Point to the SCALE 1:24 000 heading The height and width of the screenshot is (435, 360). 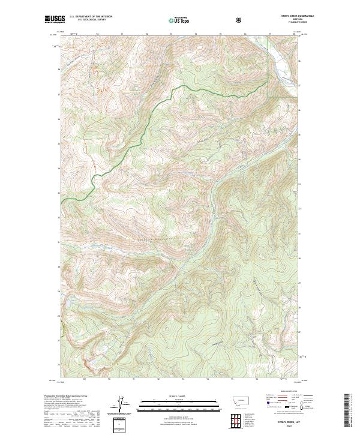coord(179,397)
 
